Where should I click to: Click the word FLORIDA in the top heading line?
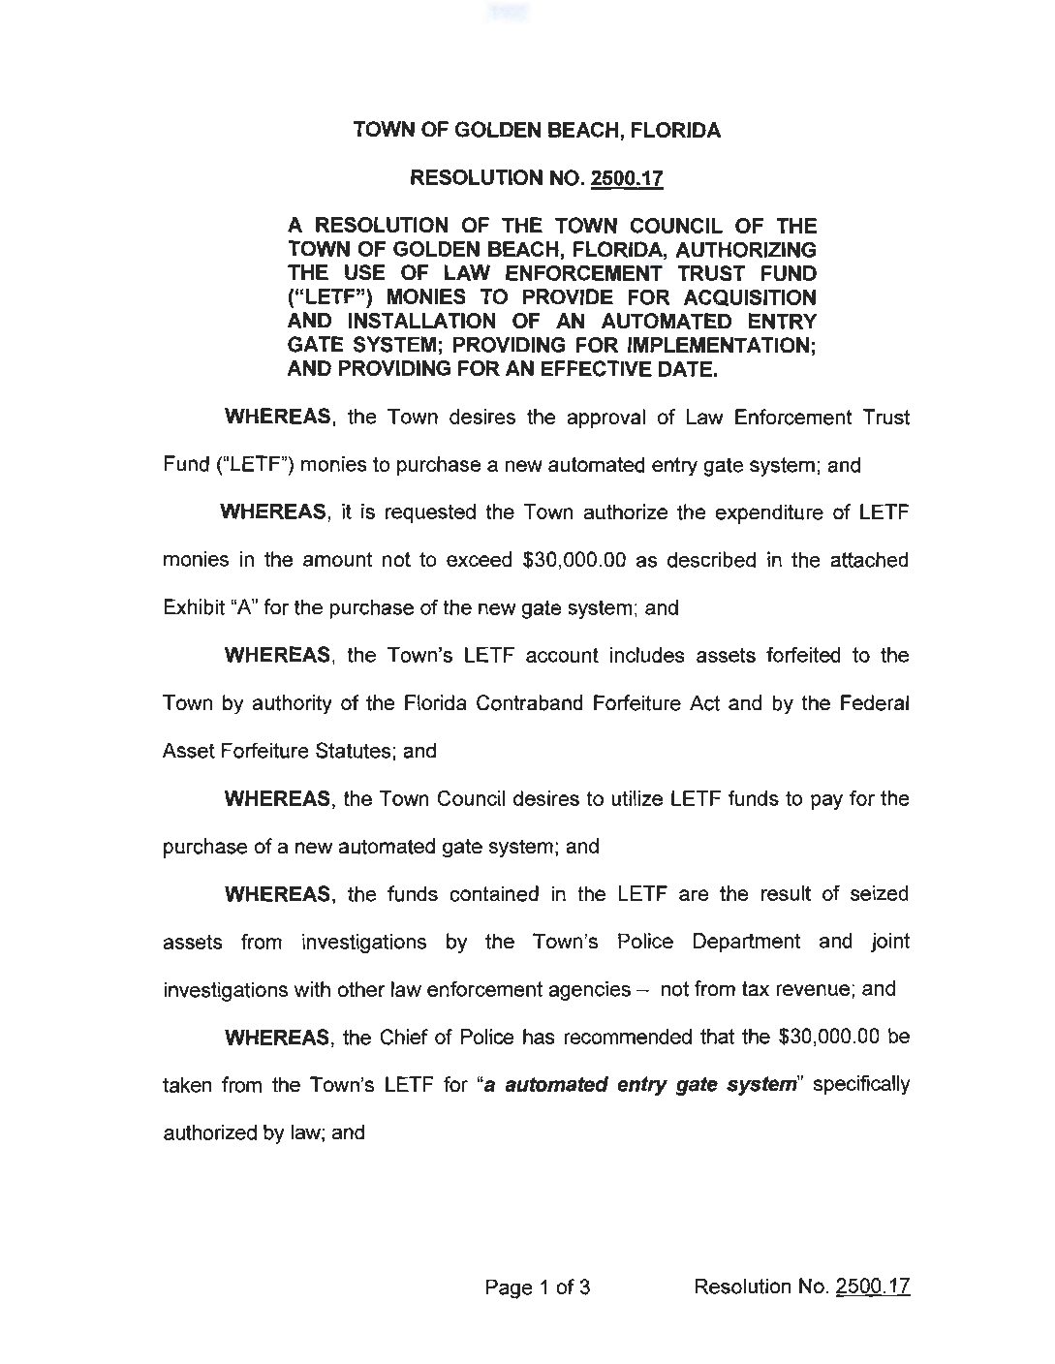671,130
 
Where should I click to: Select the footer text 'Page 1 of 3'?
538,1287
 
